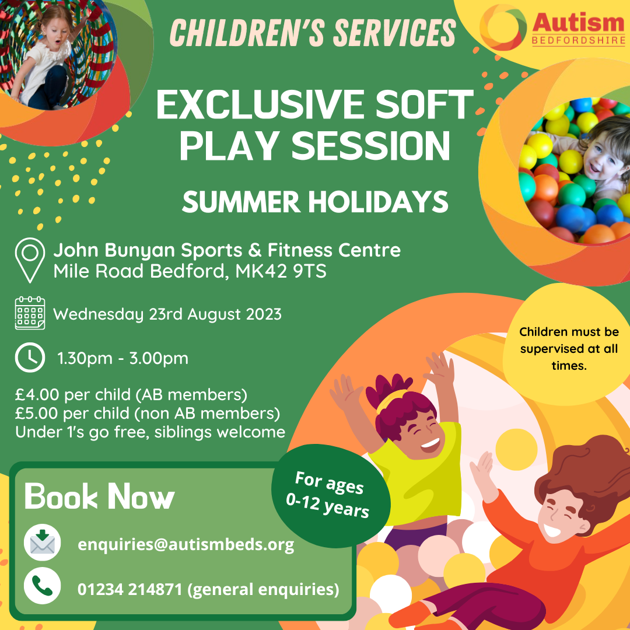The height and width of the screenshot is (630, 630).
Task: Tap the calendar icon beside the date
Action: pos(30,313)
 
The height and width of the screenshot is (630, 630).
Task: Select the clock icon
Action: pos(30,358)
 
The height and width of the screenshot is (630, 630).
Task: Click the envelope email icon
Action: pos(42,542)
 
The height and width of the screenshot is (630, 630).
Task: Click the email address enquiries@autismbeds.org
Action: pos(186,545)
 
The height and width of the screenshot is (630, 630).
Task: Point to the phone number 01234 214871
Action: pos(129,589)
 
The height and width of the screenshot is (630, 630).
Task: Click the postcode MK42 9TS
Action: pos(281,271)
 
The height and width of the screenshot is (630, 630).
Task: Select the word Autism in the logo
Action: pos(579,23)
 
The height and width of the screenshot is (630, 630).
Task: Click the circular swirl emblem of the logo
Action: pos(503,27)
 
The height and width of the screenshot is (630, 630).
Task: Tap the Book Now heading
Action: pos(99,496)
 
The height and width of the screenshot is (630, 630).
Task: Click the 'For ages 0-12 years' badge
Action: pos(331,495)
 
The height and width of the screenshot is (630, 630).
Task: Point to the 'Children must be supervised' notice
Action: pos(569,349)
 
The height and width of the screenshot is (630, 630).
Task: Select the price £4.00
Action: pos(37,395)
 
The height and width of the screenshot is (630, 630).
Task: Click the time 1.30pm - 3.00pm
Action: pos(123,358)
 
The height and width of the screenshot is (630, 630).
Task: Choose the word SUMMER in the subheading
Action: pos(241,202)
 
